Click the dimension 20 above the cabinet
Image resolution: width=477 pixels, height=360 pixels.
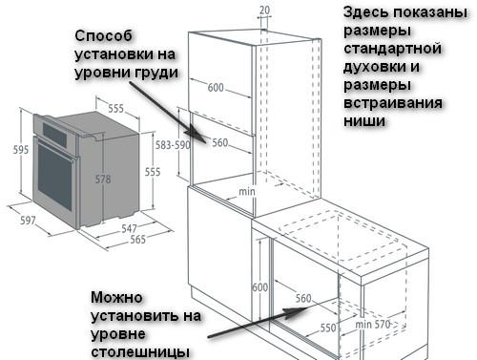263,10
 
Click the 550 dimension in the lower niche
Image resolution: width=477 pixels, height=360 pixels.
328,326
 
